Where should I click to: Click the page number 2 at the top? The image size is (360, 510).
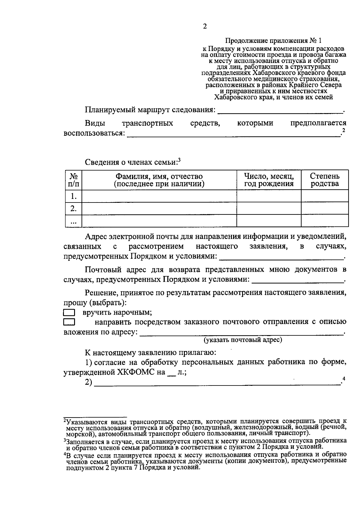[205, 26]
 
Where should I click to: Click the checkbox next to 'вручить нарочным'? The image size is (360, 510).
[69, 313]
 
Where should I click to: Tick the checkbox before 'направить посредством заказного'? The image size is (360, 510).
[69, 322]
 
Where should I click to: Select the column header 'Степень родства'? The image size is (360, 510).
[325, 180]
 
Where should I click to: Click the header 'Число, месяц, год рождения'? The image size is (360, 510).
[268, 180]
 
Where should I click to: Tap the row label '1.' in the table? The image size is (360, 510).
[73, 196]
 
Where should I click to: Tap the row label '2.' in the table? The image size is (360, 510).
[73, 208]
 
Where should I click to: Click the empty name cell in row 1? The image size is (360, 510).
[159, 196]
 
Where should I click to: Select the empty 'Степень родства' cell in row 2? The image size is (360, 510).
[325, 208]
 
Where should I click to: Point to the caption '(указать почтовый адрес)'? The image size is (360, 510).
[243, 340]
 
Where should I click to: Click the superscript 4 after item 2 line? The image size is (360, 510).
[344, 379]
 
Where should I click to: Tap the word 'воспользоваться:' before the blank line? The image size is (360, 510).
[94, 133]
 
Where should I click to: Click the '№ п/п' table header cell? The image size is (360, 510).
[73, 180]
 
